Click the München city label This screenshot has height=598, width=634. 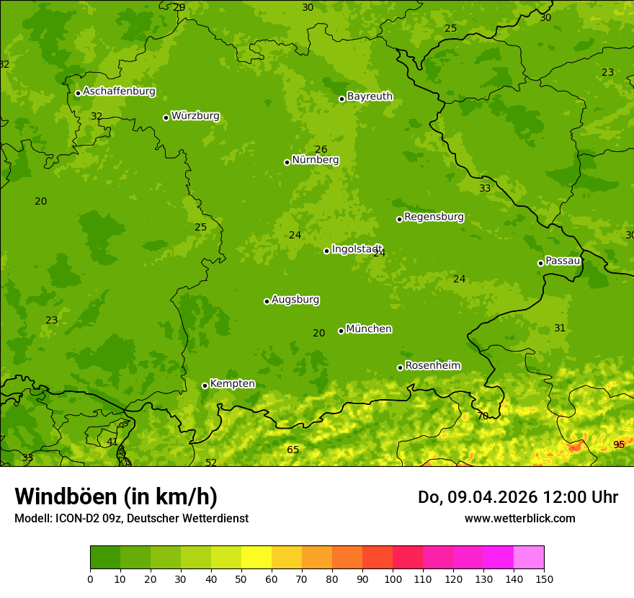(x=368, y=329)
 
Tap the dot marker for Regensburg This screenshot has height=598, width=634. (x=399, y=219)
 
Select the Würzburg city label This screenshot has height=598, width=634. (x=195, y=116)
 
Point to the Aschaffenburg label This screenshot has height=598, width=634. (x=119, y=92)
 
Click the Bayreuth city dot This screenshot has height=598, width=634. (x=342, y=99)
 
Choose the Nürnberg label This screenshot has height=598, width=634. (x=315, y=160)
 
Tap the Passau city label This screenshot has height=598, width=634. (x=563, y=261)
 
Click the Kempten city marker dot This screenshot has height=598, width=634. (x=205, y=385)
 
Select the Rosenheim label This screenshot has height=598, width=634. (x=432, y=365)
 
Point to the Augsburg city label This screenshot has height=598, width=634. (x=295, y=300)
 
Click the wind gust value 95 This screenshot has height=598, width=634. (x=619, y=445)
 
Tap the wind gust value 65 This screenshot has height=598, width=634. (x=293, y=450)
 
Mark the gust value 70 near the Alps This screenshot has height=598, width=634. (x=483, y=416)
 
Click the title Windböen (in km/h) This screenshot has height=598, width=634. (x=116, y=496)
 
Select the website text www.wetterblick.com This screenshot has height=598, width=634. (x=519, y=518)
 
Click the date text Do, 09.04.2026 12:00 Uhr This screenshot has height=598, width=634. (x=517, y=497)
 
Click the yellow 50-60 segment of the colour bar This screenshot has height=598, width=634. (x=256, y=558)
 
